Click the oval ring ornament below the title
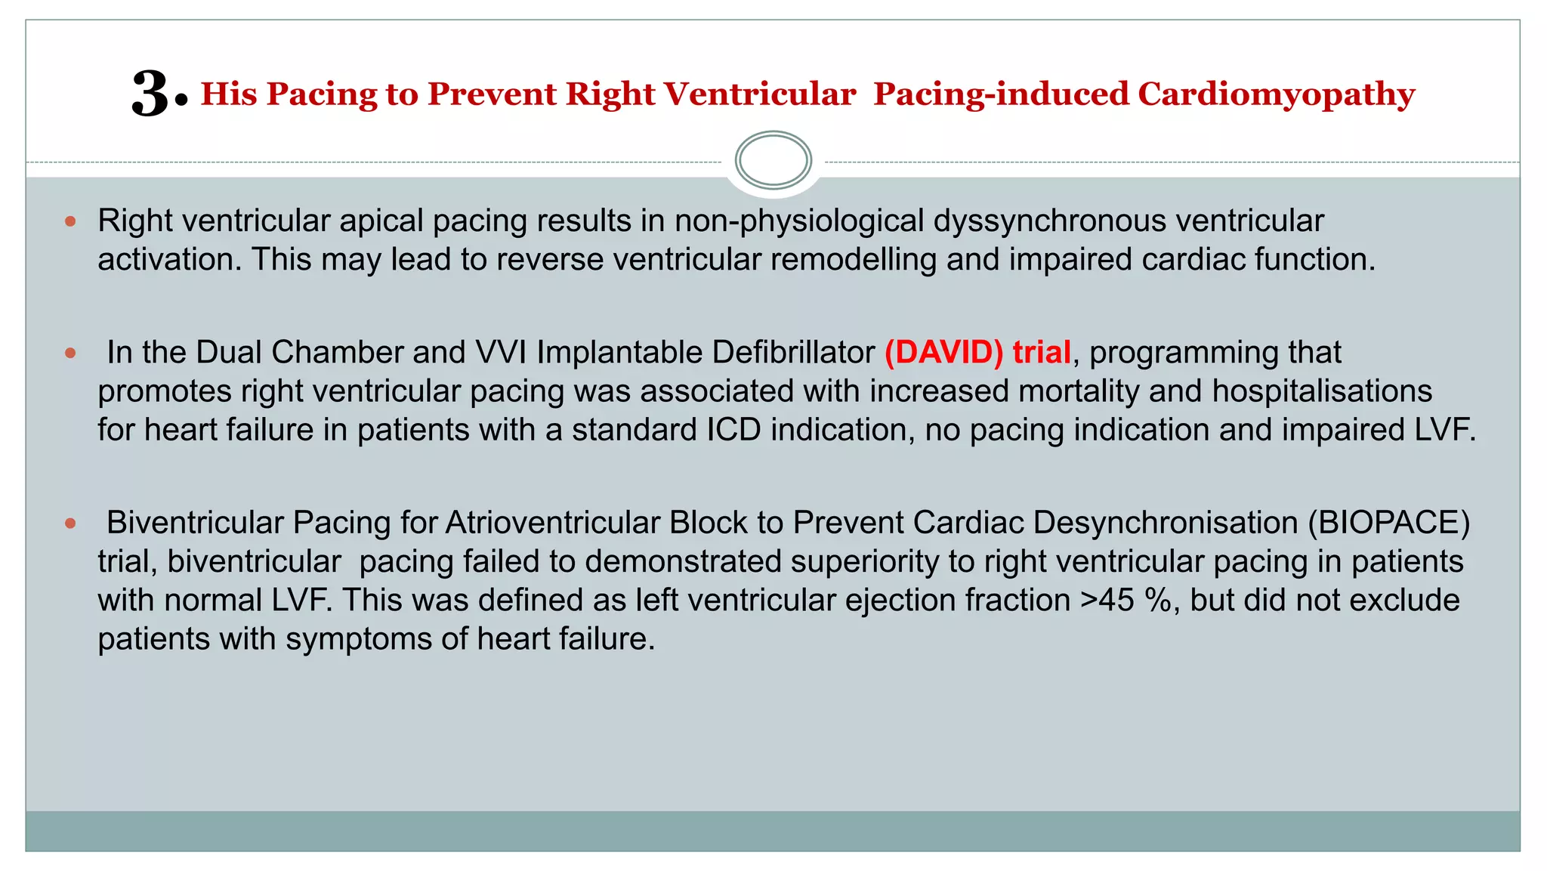click(773, 160)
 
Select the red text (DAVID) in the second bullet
click(943, 353)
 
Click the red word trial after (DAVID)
click(1041, 353)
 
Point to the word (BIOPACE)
click(1388, 523)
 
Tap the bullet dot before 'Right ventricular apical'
click(71, 221)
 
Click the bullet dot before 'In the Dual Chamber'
click(71, 353)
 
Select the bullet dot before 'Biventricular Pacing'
click(71, 523)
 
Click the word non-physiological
click(798, 221)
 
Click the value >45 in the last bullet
click(1107, 601)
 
